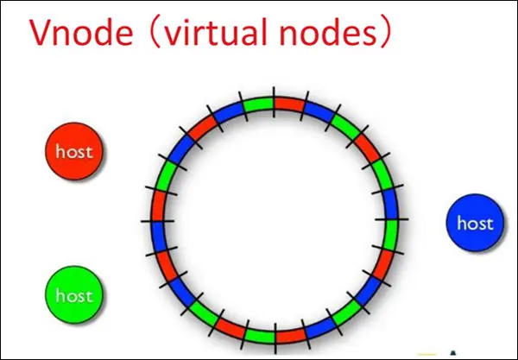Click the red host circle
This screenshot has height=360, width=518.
pyautogui.click(x=74, y=152)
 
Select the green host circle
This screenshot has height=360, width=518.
pyautogui.click(x=74, y=295)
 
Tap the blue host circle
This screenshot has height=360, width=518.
pyautogui.click(x=474, y=224)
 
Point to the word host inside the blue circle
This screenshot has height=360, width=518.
pyautogui.click(x=474, y=224)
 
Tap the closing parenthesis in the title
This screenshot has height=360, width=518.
pyautogui.click(x=388, y=35)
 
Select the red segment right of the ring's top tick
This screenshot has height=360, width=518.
pyautogui.click(x=289, y=105)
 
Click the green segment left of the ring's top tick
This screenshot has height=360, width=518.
pyautogui.click(x=258, y=105)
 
